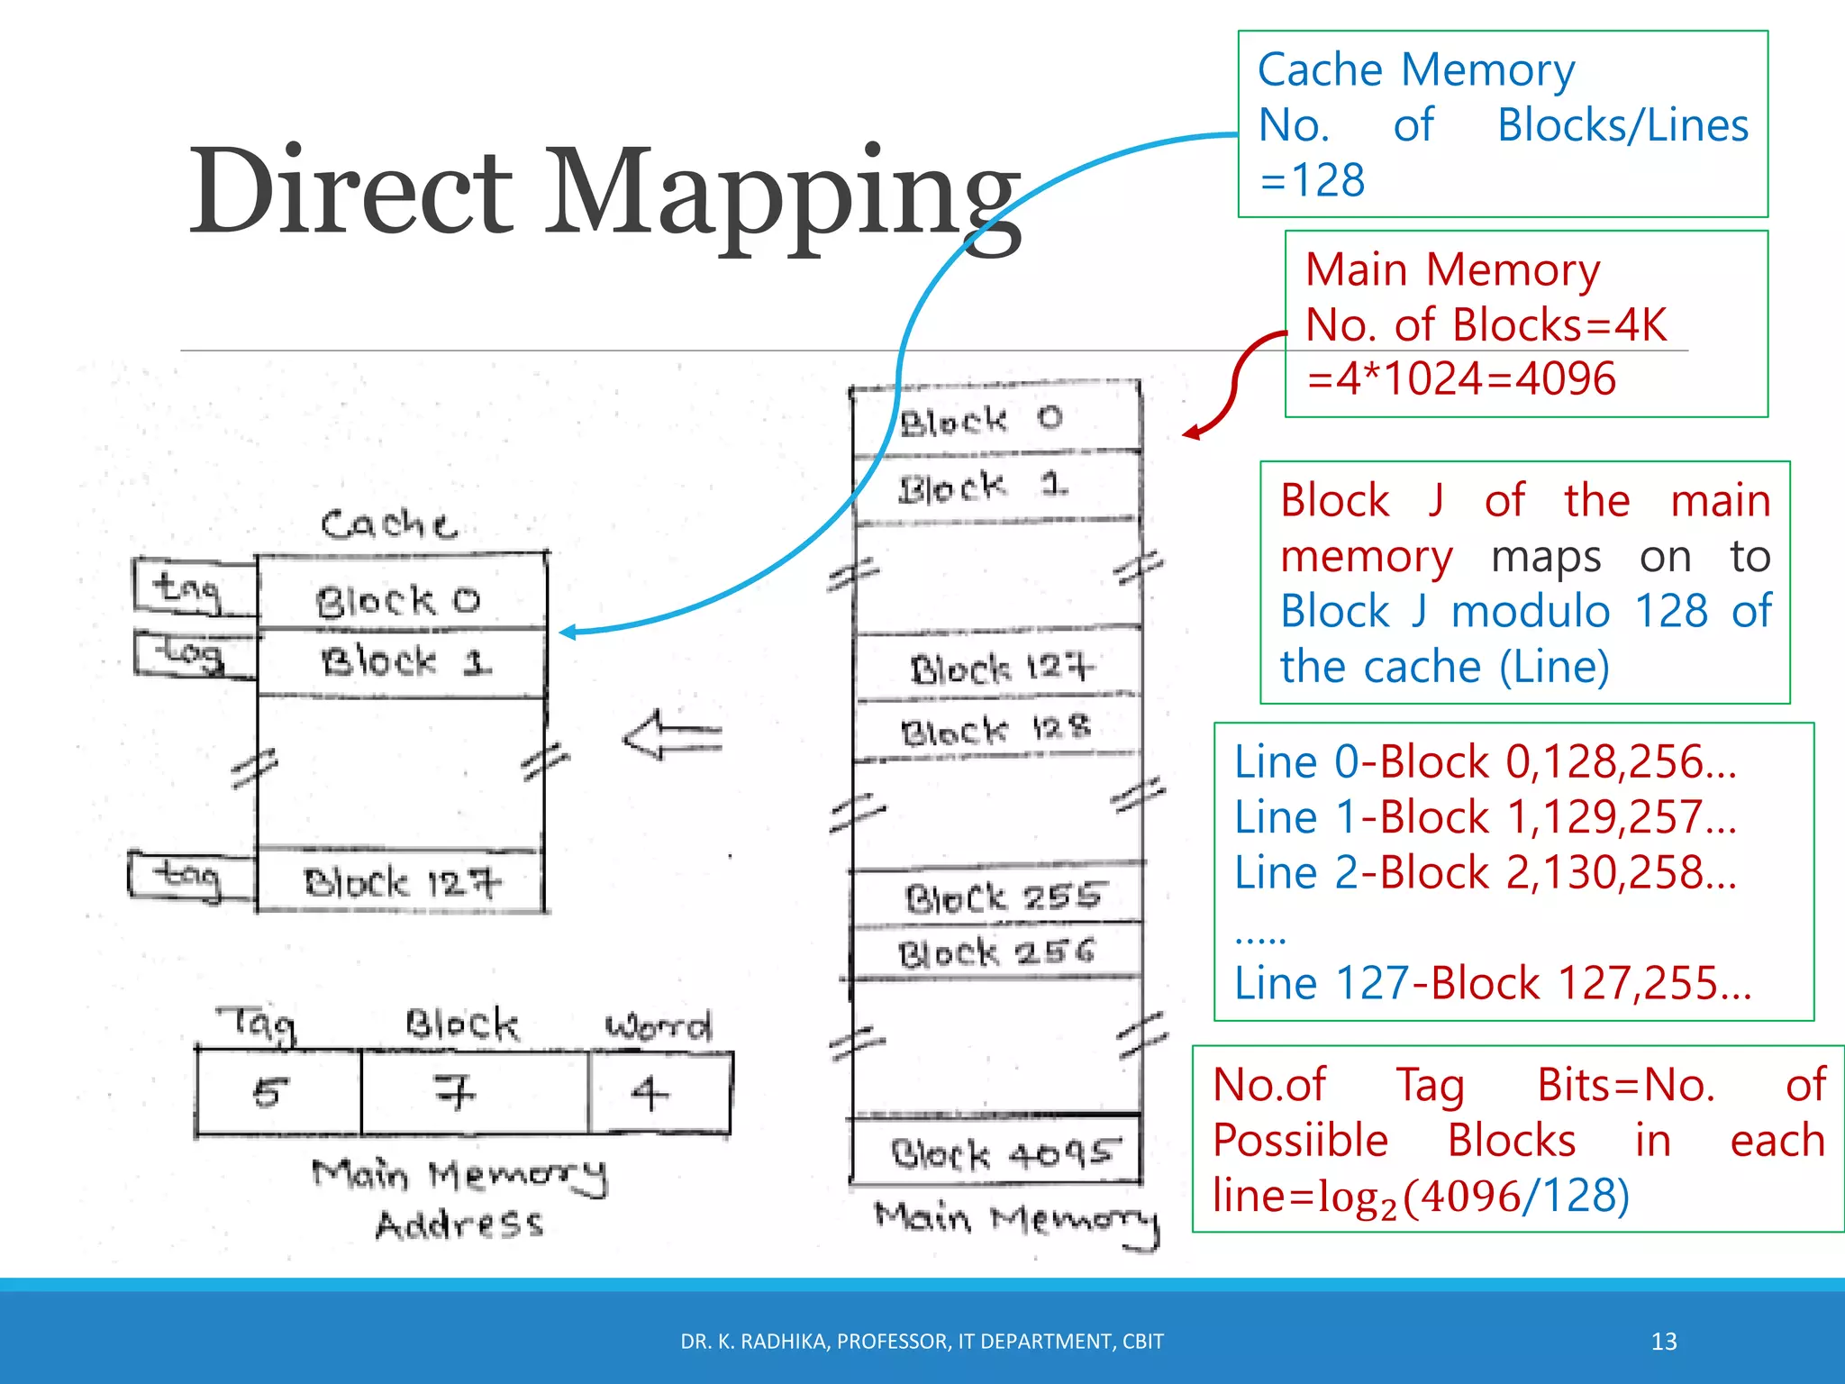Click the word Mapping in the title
(x=784, y=194)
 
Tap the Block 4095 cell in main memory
(x=996, y=1152)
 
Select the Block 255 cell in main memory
(x=998, y=896)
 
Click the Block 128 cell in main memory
(x=996, y=730)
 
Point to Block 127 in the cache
(x=401, y=881)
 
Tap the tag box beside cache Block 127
(x=189, y=875)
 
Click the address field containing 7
(x=474, y=1093)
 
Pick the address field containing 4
(x=658, y=1093)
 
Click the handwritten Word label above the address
(x=658, y=1025)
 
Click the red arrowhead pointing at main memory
(x=1191, y=433)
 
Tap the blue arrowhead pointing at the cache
(x=567, y=633)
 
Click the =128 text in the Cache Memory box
(x=1312, y=181)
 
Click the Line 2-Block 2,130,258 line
(x=1485, y=873)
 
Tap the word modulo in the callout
(x=1531, y=612)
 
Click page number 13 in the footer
(x=1663, y=1342)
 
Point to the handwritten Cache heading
(x=388, y=524)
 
